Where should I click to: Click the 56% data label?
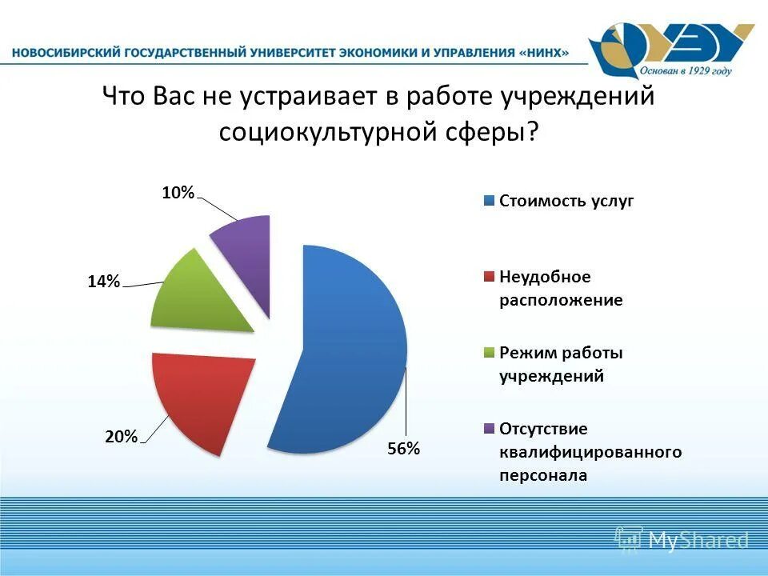(403, 449)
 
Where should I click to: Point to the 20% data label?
(121, 436)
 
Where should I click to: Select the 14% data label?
(104, 281)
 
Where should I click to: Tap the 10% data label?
(178, 192)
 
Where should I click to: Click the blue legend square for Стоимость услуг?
(488, 201)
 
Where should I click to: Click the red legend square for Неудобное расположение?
(488, 277)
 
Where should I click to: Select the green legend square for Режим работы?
(488, 353)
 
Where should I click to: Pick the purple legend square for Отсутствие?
(488, 429)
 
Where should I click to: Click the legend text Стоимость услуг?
(566, 201)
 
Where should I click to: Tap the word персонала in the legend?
(543, 475)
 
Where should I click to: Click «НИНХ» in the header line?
(545, 53)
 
